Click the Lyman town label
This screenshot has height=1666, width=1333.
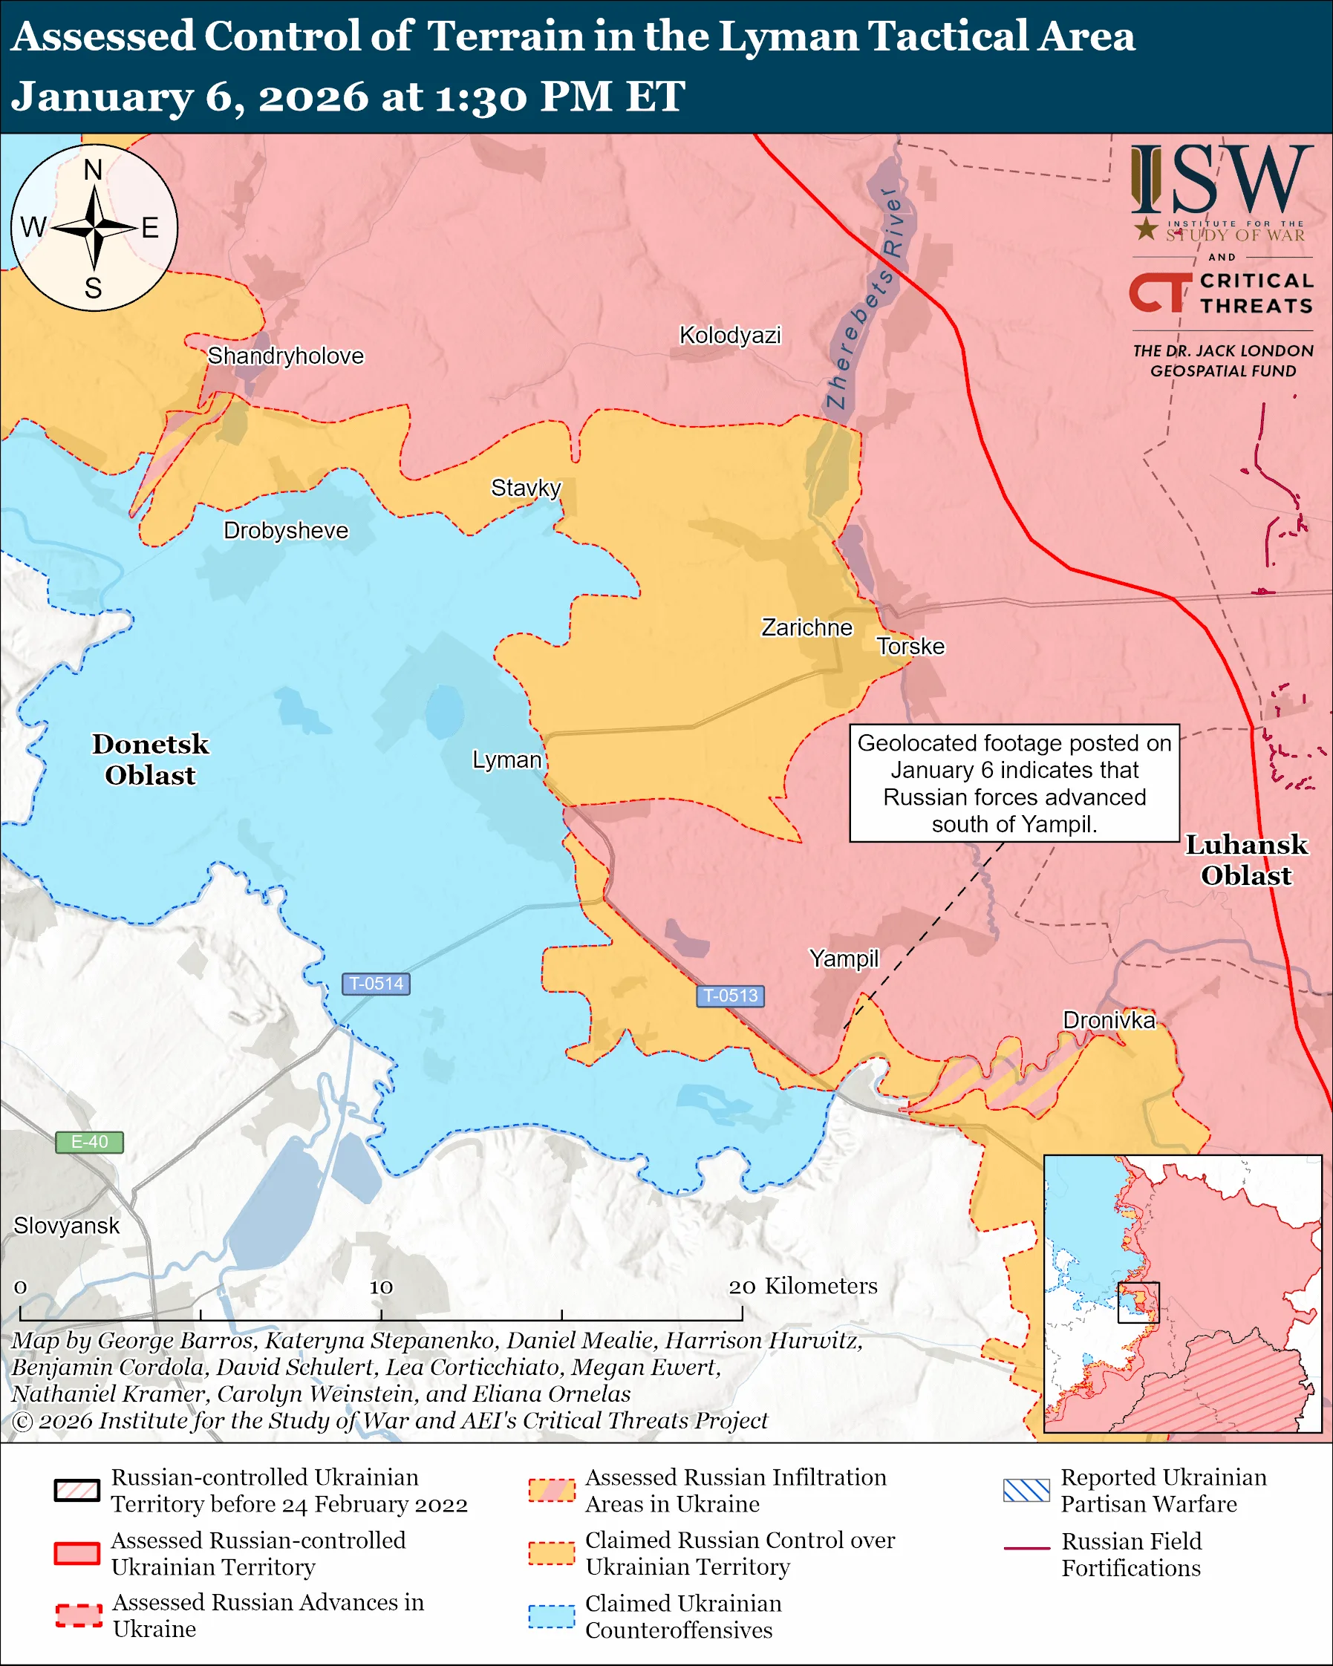tap(506, 759)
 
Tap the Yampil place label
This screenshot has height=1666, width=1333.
tap(844, 958)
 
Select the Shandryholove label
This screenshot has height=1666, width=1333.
tap(285, 356)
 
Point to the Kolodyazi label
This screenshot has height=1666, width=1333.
tap(729, 335)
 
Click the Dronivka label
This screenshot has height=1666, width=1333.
tap(1109, 1020)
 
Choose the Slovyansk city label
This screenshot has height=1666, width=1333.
tap(66, 1226)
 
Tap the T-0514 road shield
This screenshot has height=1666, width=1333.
tap(376, 984)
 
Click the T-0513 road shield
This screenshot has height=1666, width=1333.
tap(730, 996)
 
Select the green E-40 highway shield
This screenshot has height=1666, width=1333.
tap(89, 1141)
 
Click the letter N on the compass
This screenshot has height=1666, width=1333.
tap(93, 169)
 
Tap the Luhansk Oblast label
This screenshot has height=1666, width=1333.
tap(1245, 859)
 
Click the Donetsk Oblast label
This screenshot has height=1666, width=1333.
tap(151, 759)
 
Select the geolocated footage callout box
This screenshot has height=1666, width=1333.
tap(1014, 783)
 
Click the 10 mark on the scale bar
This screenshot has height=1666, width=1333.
tap(381, 1287)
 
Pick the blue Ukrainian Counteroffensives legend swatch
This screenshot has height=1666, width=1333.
tap(551, 1616)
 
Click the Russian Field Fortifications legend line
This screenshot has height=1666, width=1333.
tap(1026, 1549)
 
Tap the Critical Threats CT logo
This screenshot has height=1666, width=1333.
tap(1160, 293)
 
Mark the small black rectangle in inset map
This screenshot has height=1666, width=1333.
tap(1138, 1303)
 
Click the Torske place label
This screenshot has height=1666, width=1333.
tap(910, 646)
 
